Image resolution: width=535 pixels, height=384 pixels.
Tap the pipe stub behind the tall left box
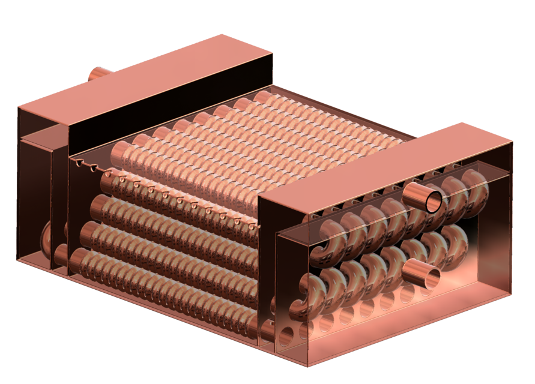[x=98, y=74]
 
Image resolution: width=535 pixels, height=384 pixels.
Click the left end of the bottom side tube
[x=77, y=262]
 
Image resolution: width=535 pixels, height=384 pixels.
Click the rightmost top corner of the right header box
[x=512, y=142]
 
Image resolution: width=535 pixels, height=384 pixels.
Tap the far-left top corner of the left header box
[x=19, y=107]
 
